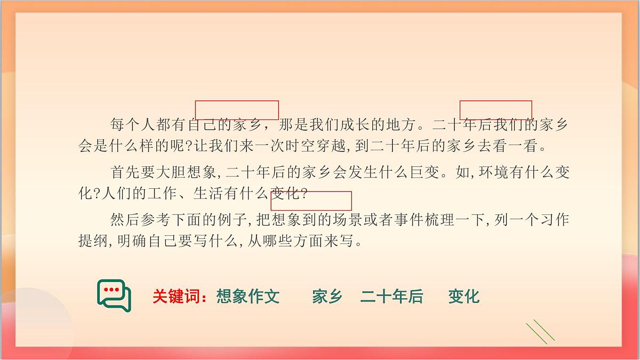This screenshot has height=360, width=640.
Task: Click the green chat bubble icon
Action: [114, 295]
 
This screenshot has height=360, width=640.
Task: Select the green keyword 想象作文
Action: [248, 297]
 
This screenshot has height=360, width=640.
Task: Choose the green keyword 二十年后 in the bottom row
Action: [391, 297]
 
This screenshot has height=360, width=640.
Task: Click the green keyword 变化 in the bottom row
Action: [463, 297]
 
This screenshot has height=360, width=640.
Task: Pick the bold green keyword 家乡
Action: [327, 297]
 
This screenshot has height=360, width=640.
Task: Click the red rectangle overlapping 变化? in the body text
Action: [311, 201]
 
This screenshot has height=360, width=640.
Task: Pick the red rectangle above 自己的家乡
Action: [237, 110]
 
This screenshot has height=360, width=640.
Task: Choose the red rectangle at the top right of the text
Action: [495, 110]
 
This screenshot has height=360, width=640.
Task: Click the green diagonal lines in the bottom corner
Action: [540, 332]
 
